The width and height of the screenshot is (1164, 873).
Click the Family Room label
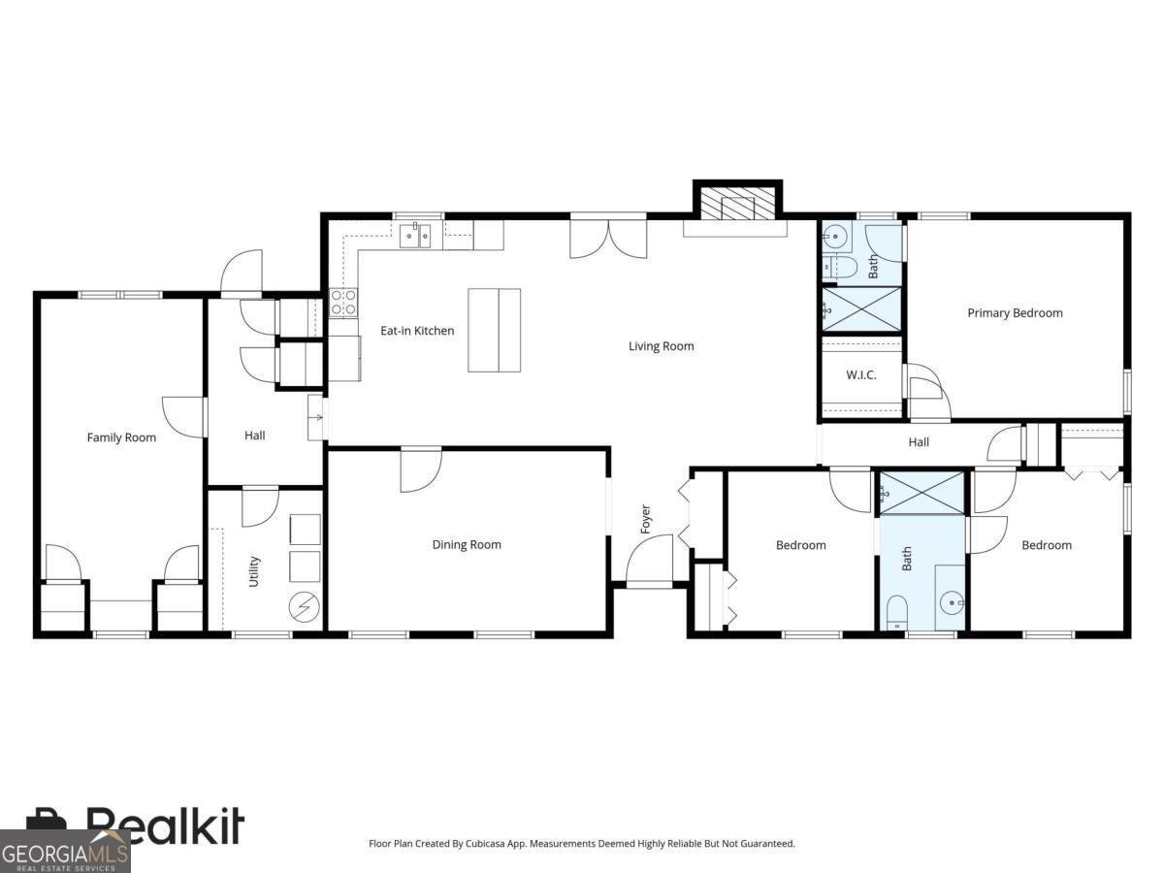coord(121,437)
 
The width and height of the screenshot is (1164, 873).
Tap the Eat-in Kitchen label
coord(417,331)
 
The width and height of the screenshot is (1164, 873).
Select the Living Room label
coord(662,346)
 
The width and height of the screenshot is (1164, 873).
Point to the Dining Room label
coord(467,544)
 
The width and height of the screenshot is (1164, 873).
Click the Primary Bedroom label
coord(1015,312)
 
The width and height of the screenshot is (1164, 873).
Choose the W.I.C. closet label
coord(861,375)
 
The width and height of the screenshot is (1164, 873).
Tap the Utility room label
coord(253,571)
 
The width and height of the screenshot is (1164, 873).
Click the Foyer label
coord(645,519)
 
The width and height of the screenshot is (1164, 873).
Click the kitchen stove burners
coord(343,303)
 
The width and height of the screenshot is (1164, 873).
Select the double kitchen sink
coord(415,236)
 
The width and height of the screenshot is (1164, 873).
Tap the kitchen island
coord(495,330)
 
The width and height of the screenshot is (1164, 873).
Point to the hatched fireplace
coord(737,203)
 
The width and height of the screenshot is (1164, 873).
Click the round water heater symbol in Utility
coord(305,606)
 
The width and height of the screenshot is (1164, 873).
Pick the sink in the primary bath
coord(836,237)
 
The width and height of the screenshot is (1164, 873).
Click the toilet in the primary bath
coord(839,269)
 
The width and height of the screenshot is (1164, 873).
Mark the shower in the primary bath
coord(861,309)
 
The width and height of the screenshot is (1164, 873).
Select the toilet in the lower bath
coord(896,613)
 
